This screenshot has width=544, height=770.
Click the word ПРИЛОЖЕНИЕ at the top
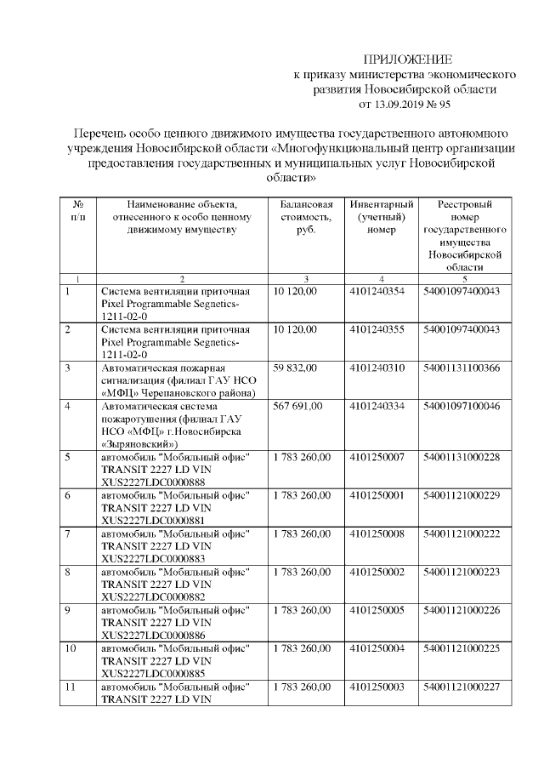click(408, 58)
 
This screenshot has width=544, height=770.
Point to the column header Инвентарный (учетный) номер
click(382, 218)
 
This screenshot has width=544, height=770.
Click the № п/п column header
click(78, 211)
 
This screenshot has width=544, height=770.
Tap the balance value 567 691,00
click(298, 406)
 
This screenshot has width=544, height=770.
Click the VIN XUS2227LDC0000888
click(153, 482)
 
